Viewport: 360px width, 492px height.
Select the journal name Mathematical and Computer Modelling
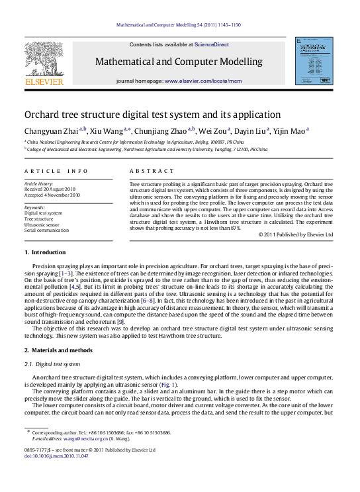pyautogui.click(x=179, y=62)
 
